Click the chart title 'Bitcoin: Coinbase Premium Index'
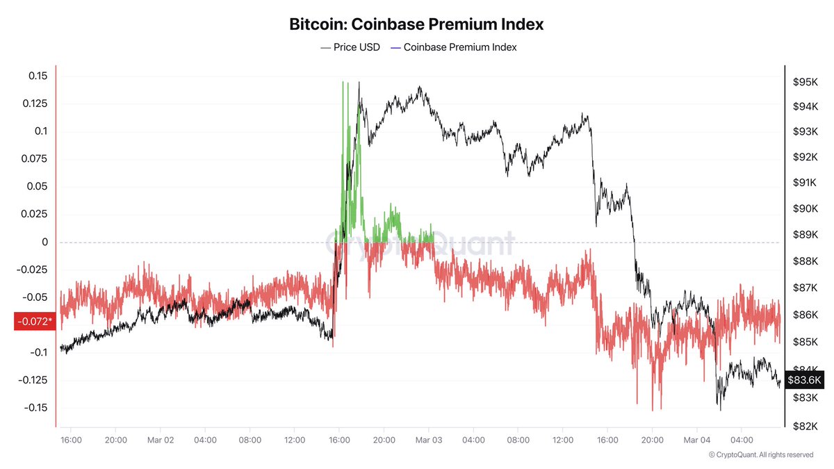[416, 24]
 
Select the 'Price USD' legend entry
[350, 47]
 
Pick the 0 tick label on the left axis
[44, 242]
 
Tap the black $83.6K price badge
[805, 380]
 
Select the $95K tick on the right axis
[804, 82]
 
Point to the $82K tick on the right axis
[804, 426]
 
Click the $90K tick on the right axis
[804, 208]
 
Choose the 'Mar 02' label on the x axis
[161, 440]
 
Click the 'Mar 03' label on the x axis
[428, 440]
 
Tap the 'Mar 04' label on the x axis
[696, 440]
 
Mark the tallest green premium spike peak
[343, 83]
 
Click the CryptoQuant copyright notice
[760, 454]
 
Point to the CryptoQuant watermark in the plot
[420, 243]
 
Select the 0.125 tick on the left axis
[35, 104]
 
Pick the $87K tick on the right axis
[804, 288]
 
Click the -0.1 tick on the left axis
[39, 352]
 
